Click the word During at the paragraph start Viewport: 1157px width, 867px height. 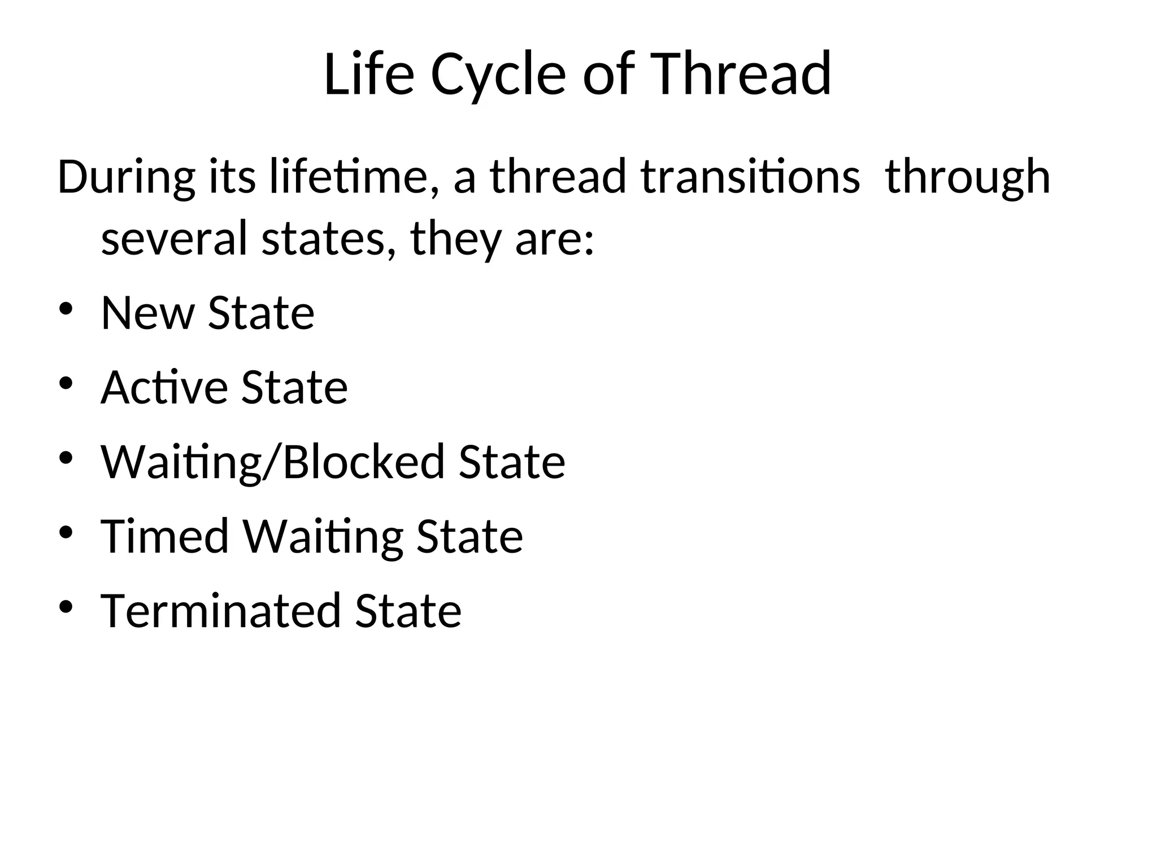(x=126, y=177)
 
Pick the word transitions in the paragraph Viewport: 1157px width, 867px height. (x=750, y=177)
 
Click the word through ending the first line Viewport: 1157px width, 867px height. (x=967, y=177)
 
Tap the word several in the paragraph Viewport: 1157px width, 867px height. (x=174, y=238)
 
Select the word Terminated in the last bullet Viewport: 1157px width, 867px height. (x=221, y=611)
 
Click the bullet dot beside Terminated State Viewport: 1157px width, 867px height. (x=67, y=607)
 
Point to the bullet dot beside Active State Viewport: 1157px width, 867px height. (x=67, y=384)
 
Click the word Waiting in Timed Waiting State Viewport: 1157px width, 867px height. (x=323, y=536)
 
